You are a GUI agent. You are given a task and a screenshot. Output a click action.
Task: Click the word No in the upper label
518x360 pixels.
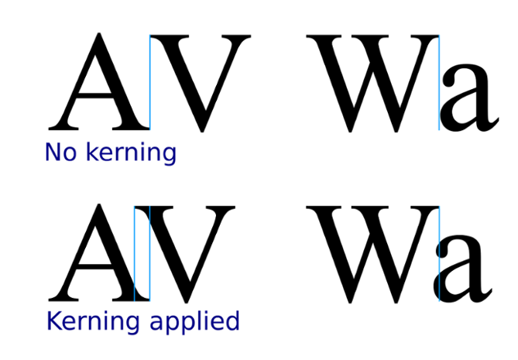[60, 152]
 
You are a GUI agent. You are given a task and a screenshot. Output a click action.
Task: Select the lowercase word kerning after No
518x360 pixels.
[130, 153]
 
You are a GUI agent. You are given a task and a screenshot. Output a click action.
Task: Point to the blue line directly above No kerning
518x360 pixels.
[149, 81]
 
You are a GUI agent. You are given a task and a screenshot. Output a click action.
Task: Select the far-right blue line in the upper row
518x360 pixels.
[439, 81]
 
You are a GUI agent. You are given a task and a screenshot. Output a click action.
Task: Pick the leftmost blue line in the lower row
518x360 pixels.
[134, 252]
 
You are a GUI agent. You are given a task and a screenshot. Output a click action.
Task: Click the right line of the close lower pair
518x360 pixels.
[149, 252]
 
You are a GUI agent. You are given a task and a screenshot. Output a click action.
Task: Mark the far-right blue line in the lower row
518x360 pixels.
[439, 252]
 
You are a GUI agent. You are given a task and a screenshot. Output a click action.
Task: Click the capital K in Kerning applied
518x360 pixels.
[53, 321]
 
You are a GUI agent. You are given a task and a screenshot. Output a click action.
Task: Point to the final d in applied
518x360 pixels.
[233, 321]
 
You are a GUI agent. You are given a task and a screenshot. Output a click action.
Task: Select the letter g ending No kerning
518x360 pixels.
[170, 154]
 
